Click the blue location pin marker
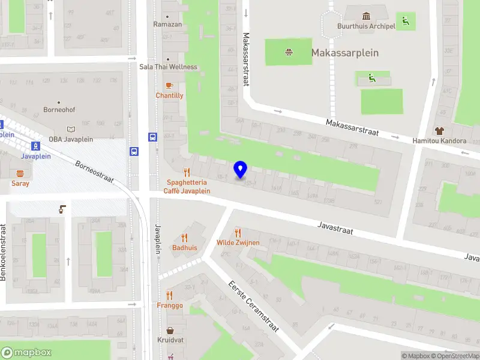point(241,170)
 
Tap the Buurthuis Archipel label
point(366,26)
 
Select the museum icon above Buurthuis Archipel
point(366,16)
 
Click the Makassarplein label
point(345,53)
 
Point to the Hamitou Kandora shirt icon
point(439,131)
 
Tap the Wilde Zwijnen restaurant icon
point(238,233)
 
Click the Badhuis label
point(185,247)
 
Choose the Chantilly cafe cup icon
point(170,86)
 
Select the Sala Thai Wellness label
point(168,67)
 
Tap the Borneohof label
point(59,110)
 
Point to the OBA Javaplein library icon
point(71,129)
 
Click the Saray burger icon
point(20,174)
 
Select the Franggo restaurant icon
point(170,295)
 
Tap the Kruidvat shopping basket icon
point(170,331)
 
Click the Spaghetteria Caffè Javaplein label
point(187,187)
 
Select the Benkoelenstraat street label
point(4,252)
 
